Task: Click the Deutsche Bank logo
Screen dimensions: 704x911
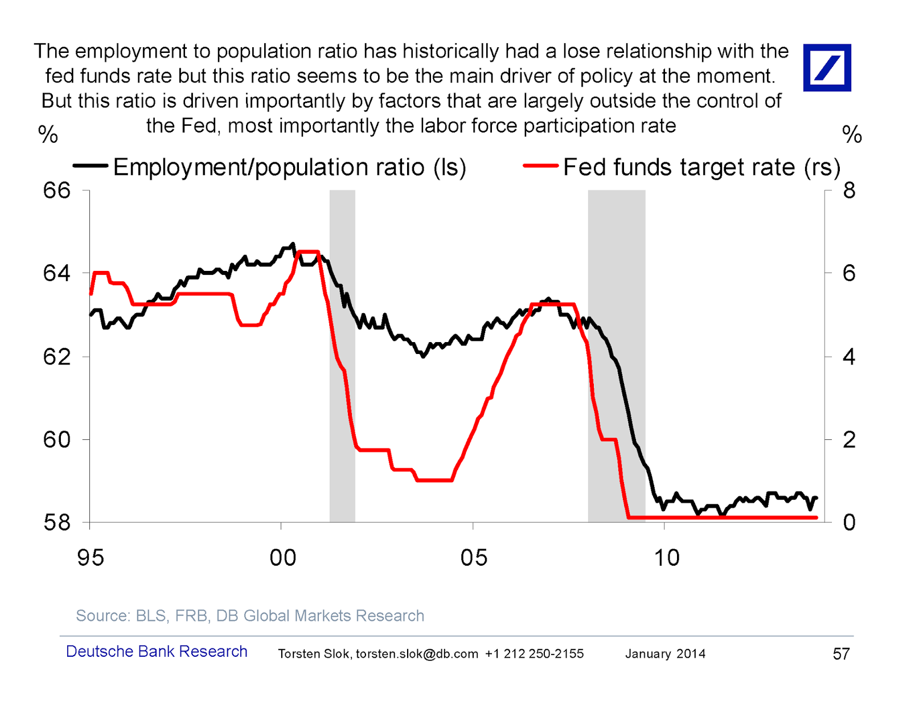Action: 827,68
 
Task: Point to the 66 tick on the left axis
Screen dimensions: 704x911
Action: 57,191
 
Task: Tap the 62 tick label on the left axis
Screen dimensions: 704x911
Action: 57,357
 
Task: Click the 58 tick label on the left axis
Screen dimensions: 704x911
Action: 57,522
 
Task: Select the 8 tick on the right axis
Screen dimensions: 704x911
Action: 849,191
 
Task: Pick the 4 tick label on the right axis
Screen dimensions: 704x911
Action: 849,357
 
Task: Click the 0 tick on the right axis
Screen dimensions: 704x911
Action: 849,522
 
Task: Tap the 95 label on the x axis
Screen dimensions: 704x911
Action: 91,558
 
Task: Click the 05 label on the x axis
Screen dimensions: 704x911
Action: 474,558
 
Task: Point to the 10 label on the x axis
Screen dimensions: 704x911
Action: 666,558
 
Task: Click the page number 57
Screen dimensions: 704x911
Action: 841,654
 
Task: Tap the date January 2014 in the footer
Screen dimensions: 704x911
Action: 665,654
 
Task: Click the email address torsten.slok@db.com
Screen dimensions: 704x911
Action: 417,654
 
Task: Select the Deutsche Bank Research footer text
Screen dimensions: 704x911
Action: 157,652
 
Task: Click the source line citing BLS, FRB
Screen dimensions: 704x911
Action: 250,616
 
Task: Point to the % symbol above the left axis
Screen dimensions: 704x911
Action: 48,134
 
